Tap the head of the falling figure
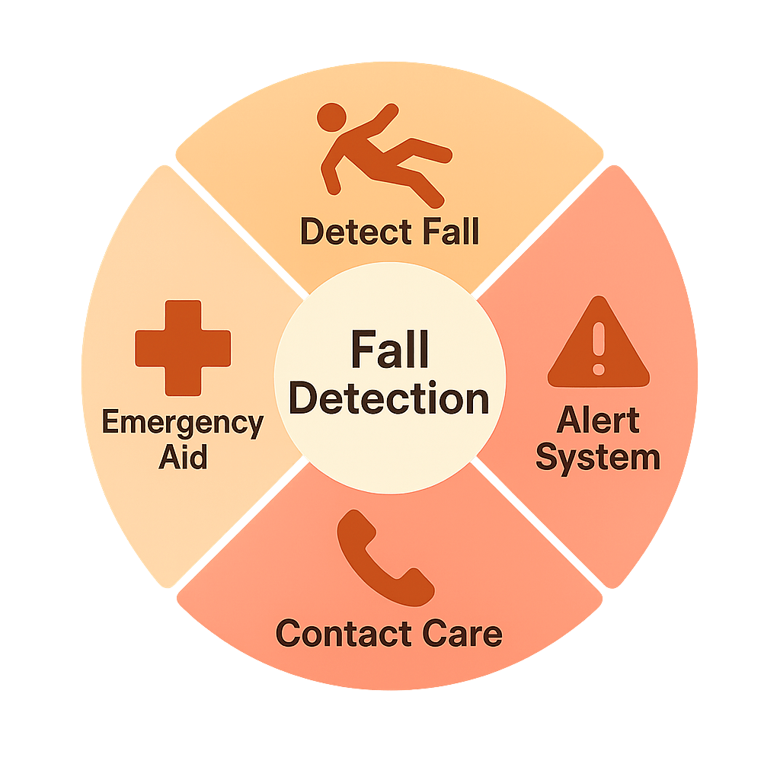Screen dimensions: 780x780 tap(331, 119)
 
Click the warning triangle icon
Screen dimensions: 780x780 tap(599, 343)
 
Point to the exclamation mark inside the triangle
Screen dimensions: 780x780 tap(599, 347)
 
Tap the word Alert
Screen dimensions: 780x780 tap(599, 420)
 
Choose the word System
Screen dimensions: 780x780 tap(598, 459)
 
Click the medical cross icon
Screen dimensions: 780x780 tap(183, 347)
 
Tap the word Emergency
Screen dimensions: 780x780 tap(183, 423)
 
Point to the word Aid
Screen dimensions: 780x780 tap(183, 459)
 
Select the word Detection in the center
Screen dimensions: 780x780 tap(389, 398)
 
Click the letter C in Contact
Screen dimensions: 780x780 tap(288, 634)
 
